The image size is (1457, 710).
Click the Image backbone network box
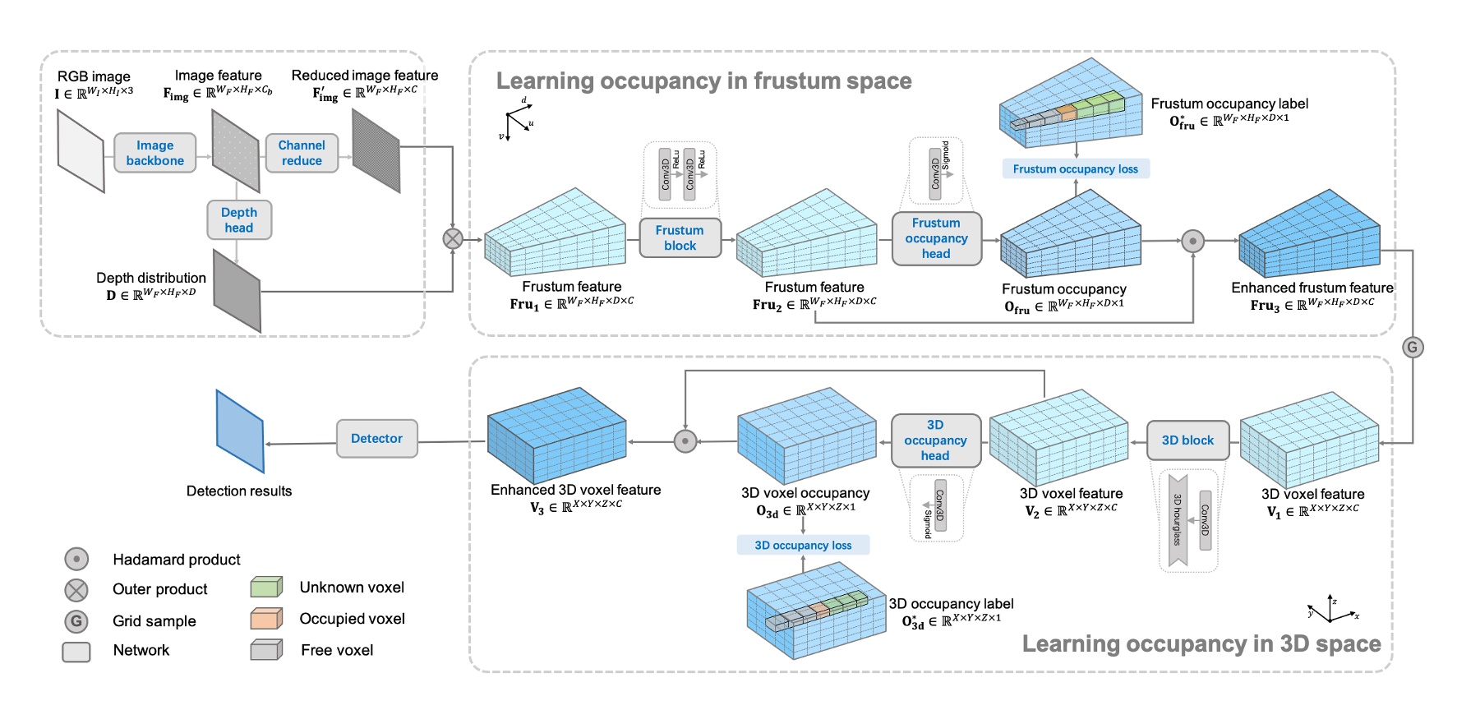pyautogui.click(x=154, y=153)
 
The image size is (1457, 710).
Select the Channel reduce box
pyautogui.click(x=302, y=153)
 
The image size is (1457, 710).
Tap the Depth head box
pyautogui.click(x=239, y=220)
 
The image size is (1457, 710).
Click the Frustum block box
pyautogui.click(x=680, y=237)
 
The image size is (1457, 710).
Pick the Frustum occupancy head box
pyautogui.click(x=936, y=238)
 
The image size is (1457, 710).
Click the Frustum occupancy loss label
pyautogui.click(x=1075, y=169)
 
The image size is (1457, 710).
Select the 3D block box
pyautogui.click(x=1187, y=440)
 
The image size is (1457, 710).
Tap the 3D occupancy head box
pyautogui.click(x=935, y=440)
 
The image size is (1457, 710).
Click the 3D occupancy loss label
pyautogui.click(x=803, y=545)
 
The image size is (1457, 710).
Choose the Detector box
pyautogui.click(x=376, y=439)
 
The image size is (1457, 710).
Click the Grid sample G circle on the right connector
pyautogui.click(x=1412, y=347)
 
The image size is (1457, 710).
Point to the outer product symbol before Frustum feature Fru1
pyautogui.click(x=453, y=238)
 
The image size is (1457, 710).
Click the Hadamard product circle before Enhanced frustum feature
pyautogui.click(x=1192, y=241)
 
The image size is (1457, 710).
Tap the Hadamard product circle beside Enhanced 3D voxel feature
pyautogui.click(x=685, y=441)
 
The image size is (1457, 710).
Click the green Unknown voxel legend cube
pyautogui.click(x=266, y=587)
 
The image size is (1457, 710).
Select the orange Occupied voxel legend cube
pyautogui.click(x=266, y=618)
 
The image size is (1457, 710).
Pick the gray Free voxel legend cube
pyautogui.click(x=266, y=650)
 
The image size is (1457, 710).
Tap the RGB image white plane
pyautogui.click(x=81, y=152)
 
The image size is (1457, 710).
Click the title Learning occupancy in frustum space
pyautogui.click(x=703, y=81)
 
